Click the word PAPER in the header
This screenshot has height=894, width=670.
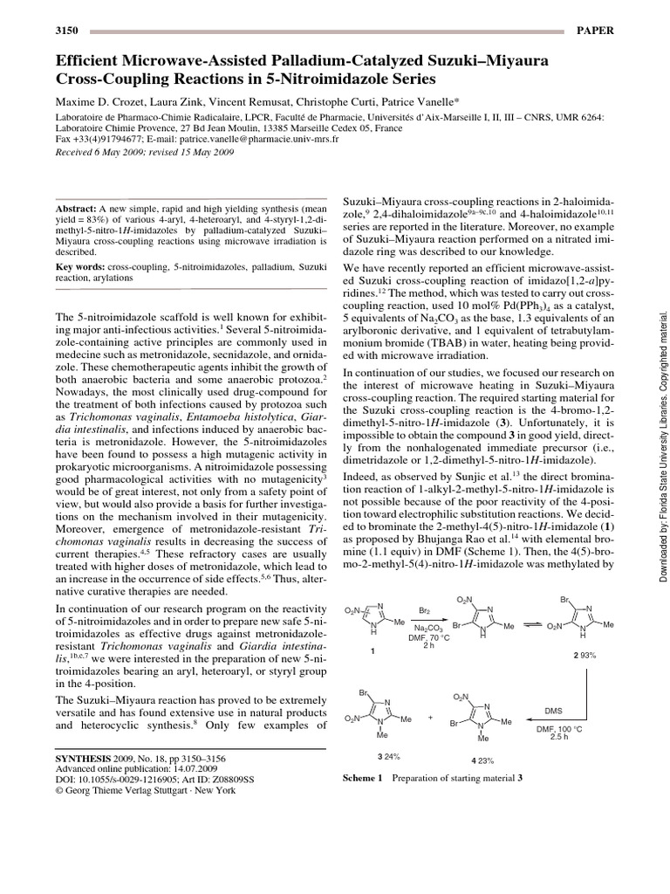[596, 31]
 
